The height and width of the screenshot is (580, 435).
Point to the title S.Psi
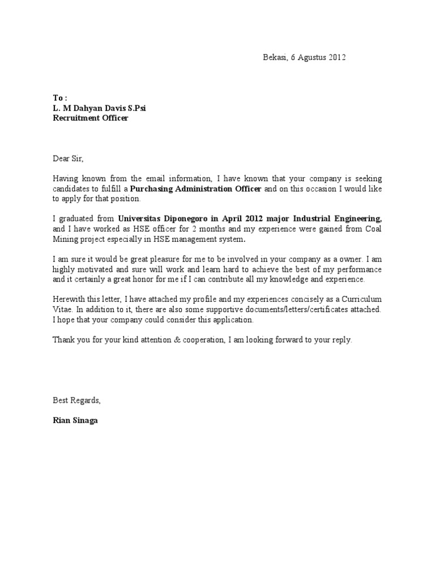(x=133, y=108)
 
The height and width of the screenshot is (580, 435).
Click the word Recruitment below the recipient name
(x=74, y=118)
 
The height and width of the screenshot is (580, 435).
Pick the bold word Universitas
(x=139, y=219)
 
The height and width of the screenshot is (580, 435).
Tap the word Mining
(x=65, y=240)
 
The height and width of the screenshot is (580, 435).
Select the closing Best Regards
(x=76, y=400)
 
